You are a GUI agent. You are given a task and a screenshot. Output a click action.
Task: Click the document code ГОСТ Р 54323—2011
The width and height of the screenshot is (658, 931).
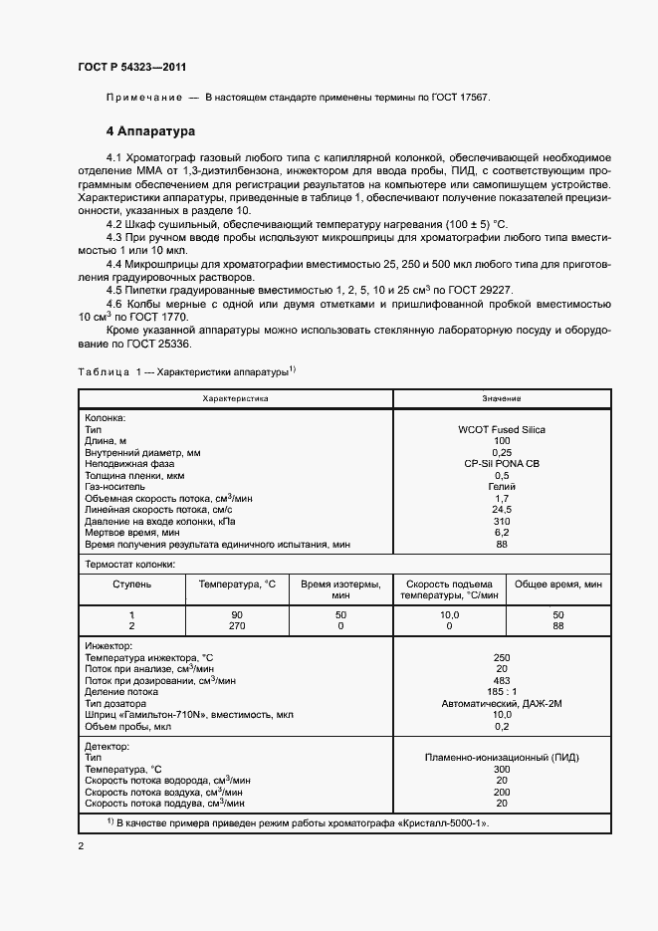tap(131, 68)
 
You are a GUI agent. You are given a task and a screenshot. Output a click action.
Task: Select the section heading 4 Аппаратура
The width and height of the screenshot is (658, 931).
tap(150, 131)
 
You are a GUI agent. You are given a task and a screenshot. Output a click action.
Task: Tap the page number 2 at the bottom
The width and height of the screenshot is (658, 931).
tap(81, 846)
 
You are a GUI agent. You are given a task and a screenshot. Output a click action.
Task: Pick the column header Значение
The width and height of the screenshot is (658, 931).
tap(502, 398)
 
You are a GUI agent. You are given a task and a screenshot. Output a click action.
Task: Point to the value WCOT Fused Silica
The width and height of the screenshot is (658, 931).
tap(502, 429)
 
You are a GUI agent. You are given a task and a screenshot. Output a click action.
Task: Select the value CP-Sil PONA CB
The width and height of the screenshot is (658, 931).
tap(502, 464)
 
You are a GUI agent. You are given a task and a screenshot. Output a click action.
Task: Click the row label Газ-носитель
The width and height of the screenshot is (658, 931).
tap(118, 487)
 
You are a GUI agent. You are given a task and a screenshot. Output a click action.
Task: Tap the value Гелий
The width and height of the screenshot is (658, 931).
tap(502, 487)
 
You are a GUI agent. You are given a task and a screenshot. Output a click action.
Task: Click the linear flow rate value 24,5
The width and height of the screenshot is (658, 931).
tap(502, 510)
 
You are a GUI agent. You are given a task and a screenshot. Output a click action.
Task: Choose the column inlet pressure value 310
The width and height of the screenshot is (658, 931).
tap(502, 522)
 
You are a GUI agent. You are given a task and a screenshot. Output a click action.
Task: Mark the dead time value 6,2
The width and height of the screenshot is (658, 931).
tap(502, 533)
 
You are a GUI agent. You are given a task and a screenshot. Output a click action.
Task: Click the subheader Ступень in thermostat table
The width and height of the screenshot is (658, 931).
tap(131, 584)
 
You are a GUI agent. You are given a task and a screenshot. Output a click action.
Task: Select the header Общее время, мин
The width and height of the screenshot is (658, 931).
tap(557, 584)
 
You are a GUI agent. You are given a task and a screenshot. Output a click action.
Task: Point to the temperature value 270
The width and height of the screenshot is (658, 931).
tap(236, 625)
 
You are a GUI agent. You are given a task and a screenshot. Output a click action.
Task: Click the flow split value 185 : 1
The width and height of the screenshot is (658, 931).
tap(502, 691)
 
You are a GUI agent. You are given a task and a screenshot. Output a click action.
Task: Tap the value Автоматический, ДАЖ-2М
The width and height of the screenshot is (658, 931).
tap(502, 703)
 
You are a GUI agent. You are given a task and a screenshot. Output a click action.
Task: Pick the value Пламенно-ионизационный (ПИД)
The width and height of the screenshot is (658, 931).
tap(502, 758)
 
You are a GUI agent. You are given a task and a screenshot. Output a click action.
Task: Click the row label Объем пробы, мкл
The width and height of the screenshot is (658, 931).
tap(128, 726)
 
